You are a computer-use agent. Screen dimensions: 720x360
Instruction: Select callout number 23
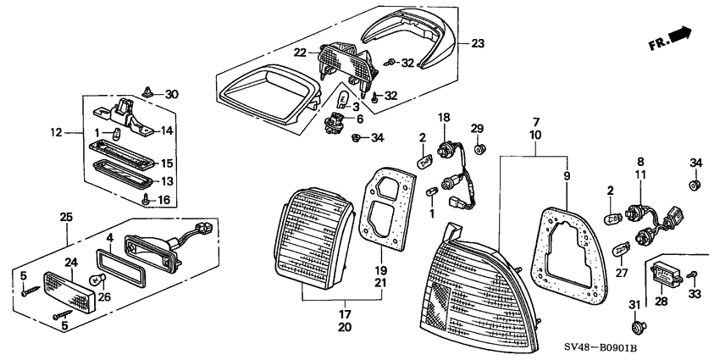[x=478, y=44]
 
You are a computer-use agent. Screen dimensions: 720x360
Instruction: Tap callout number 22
[x=301, y=53]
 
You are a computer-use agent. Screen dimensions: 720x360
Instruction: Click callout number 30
[x=171, y=95]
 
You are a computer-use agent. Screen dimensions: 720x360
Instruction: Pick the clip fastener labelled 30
[x=148, y=91]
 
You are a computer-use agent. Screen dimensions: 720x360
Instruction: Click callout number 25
[x=67, y=217]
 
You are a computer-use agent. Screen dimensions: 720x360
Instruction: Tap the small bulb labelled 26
[x=98, y=279]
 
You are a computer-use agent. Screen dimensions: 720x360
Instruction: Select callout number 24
[x=72, y=263]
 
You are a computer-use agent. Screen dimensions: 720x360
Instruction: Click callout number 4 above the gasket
[x=109, y=237]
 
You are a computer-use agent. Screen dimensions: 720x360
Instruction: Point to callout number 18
[x=445, y=117]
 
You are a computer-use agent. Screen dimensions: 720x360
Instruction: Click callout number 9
[x=567, y=175]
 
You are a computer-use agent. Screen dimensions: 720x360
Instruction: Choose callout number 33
[x=695, y=294]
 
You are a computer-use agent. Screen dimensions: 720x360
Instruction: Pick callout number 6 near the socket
[x=360, y=119]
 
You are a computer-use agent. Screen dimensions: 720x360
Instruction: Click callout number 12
[x=57, y=133]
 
